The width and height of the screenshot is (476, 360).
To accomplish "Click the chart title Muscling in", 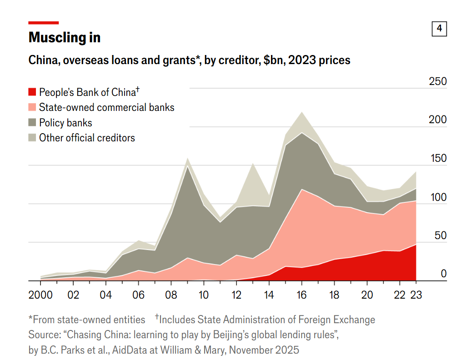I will [x=64, y=37].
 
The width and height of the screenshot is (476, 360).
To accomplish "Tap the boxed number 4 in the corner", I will [x=439, y=29].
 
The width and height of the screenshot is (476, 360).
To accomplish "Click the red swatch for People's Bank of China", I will [x=32, y=92].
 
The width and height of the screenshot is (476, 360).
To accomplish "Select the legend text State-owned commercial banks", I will [x=107, y=107].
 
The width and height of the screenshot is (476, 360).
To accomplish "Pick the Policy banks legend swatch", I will [x=32, y=123].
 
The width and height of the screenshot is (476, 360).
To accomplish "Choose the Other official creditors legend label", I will [x=87, y=138].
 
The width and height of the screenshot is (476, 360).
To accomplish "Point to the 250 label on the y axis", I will [x=438, y=82].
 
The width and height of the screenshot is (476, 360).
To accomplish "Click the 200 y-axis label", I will [x=438, y=120].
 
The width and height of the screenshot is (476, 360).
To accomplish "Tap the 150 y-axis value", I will [x=438, y=159].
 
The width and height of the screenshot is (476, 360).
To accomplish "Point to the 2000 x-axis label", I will [x=41, y=295].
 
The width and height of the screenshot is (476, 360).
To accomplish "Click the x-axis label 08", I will [x=171, y=295].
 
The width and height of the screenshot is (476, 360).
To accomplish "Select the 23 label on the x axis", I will [x=416, y=295].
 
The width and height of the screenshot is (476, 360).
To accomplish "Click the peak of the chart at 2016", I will [x=301, y=112].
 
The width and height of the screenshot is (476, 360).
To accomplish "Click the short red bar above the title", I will [x=44, y=22].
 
